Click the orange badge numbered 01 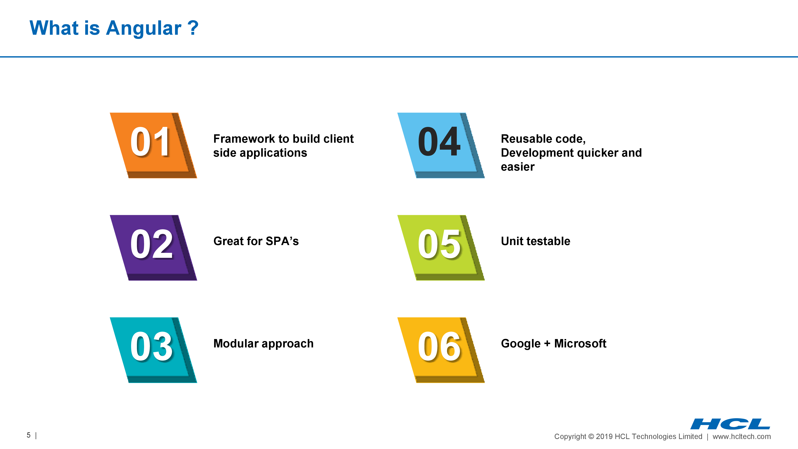(x=153, y=145)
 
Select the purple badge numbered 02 (x=153, y=248)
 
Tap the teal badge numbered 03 (x=153, y=350)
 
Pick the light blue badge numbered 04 (x=441, y=145)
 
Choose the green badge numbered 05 (x=441, y=248)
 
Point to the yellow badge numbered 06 (x=441, y=350)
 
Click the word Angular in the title (x=143, y=29)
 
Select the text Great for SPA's (x=256, y=241)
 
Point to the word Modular (x=236, y=343)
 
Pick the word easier (x=518, y=167)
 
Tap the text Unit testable (x=535, y=241)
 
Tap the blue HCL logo (x=730, y=424)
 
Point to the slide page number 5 (x=29, y=435)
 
